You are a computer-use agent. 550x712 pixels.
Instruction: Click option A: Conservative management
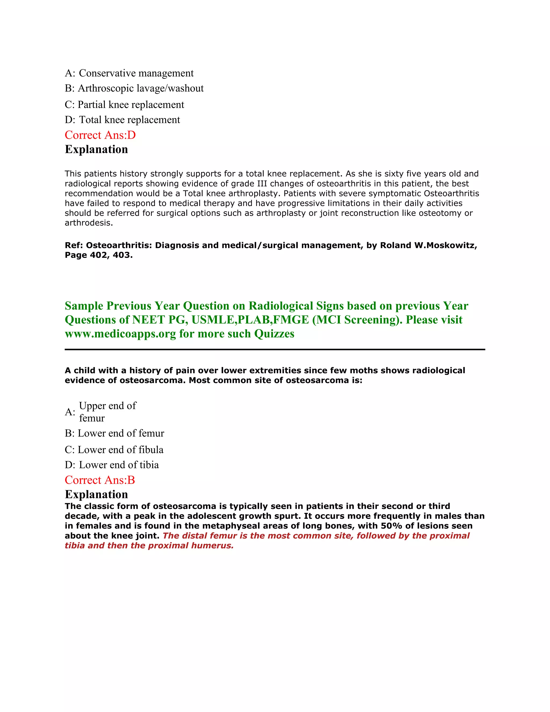point(129,73)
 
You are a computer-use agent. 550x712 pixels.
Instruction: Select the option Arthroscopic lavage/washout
point(134,88)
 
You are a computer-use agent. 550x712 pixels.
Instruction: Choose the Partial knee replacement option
point(124,105)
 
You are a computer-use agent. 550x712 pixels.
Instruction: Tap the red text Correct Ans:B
point(100,480)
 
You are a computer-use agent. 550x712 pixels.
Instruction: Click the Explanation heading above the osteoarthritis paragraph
point(96,149)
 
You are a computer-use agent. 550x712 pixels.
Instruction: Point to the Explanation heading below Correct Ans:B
point(96,494)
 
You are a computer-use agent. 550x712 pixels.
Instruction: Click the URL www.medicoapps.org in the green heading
point(120,334)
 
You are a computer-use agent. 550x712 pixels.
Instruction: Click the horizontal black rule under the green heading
point(275,350)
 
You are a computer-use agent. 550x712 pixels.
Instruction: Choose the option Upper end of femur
point(107,412)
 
